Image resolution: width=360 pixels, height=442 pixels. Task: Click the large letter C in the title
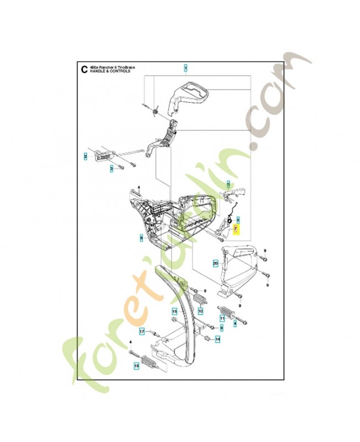click(x=83, y=69)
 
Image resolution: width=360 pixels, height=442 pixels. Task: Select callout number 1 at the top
click(x=186, y=68)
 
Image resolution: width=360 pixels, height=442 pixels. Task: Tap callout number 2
click(x=86, y=156)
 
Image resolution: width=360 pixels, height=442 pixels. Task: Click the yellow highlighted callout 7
click(x=236, y=228)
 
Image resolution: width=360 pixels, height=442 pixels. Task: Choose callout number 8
click(x=141, y=238)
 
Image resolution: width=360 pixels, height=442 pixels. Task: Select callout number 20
click(x=215, y=263)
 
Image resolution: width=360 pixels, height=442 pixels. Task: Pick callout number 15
click(x=174, y=311)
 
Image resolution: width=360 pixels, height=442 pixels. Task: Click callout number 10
click(x=200, y=312)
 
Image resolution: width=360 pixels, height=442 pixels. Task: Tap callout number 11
click(x=223, y=318)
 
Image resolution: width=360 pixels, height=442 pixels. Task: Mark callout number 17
click(x=142, y=331)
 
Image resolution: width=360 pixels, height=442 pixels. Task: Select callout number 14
click(x=218, y=339)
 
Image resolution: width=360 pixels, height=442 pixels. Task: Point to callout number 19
click(x=136, y=365)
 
